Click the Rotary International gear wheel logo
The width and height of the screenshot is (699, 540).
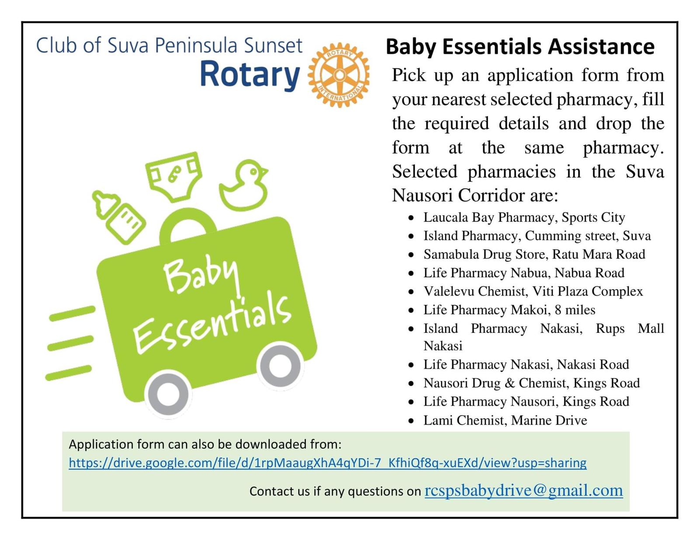(x=339, y=75)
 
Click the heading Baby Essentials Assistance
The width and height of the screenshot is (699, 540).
(x=520, y=47)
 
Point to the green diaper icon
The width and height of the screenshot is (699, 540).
(x=174, y=177)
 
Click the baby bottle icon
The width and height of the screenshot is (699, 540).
(x=118, y=217)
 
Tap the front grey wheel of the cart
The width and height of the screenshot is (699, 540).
(x=280, y=366)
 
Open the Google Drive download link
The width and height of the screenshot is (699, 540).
(x=328, y=463)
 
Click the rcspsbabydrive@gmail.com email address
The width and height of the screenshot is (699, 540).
(x=524, y=491)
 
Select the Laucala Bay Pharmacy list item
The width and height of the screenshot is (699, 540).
(x=524, y=218)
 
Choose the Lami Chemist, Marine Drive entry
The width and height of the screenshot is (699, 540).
(x=505, y=420)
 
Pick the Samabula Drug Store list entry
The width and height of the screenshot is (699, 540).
(x=534, y=254)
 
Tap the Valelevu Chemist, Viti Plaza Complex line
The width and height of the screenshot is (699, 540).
(x=533, y=291)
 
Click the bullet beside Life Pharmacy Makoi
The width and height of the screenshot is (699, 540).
(x=411, y=311)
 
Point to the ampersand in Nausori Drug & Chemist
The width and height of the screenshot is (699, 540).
(x=510, y=383)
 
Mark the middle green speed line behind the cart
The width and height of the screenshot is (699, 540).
(x=70, y=343)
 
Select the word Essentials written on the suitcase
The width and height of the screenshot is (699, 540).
(x=213, y=325)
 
